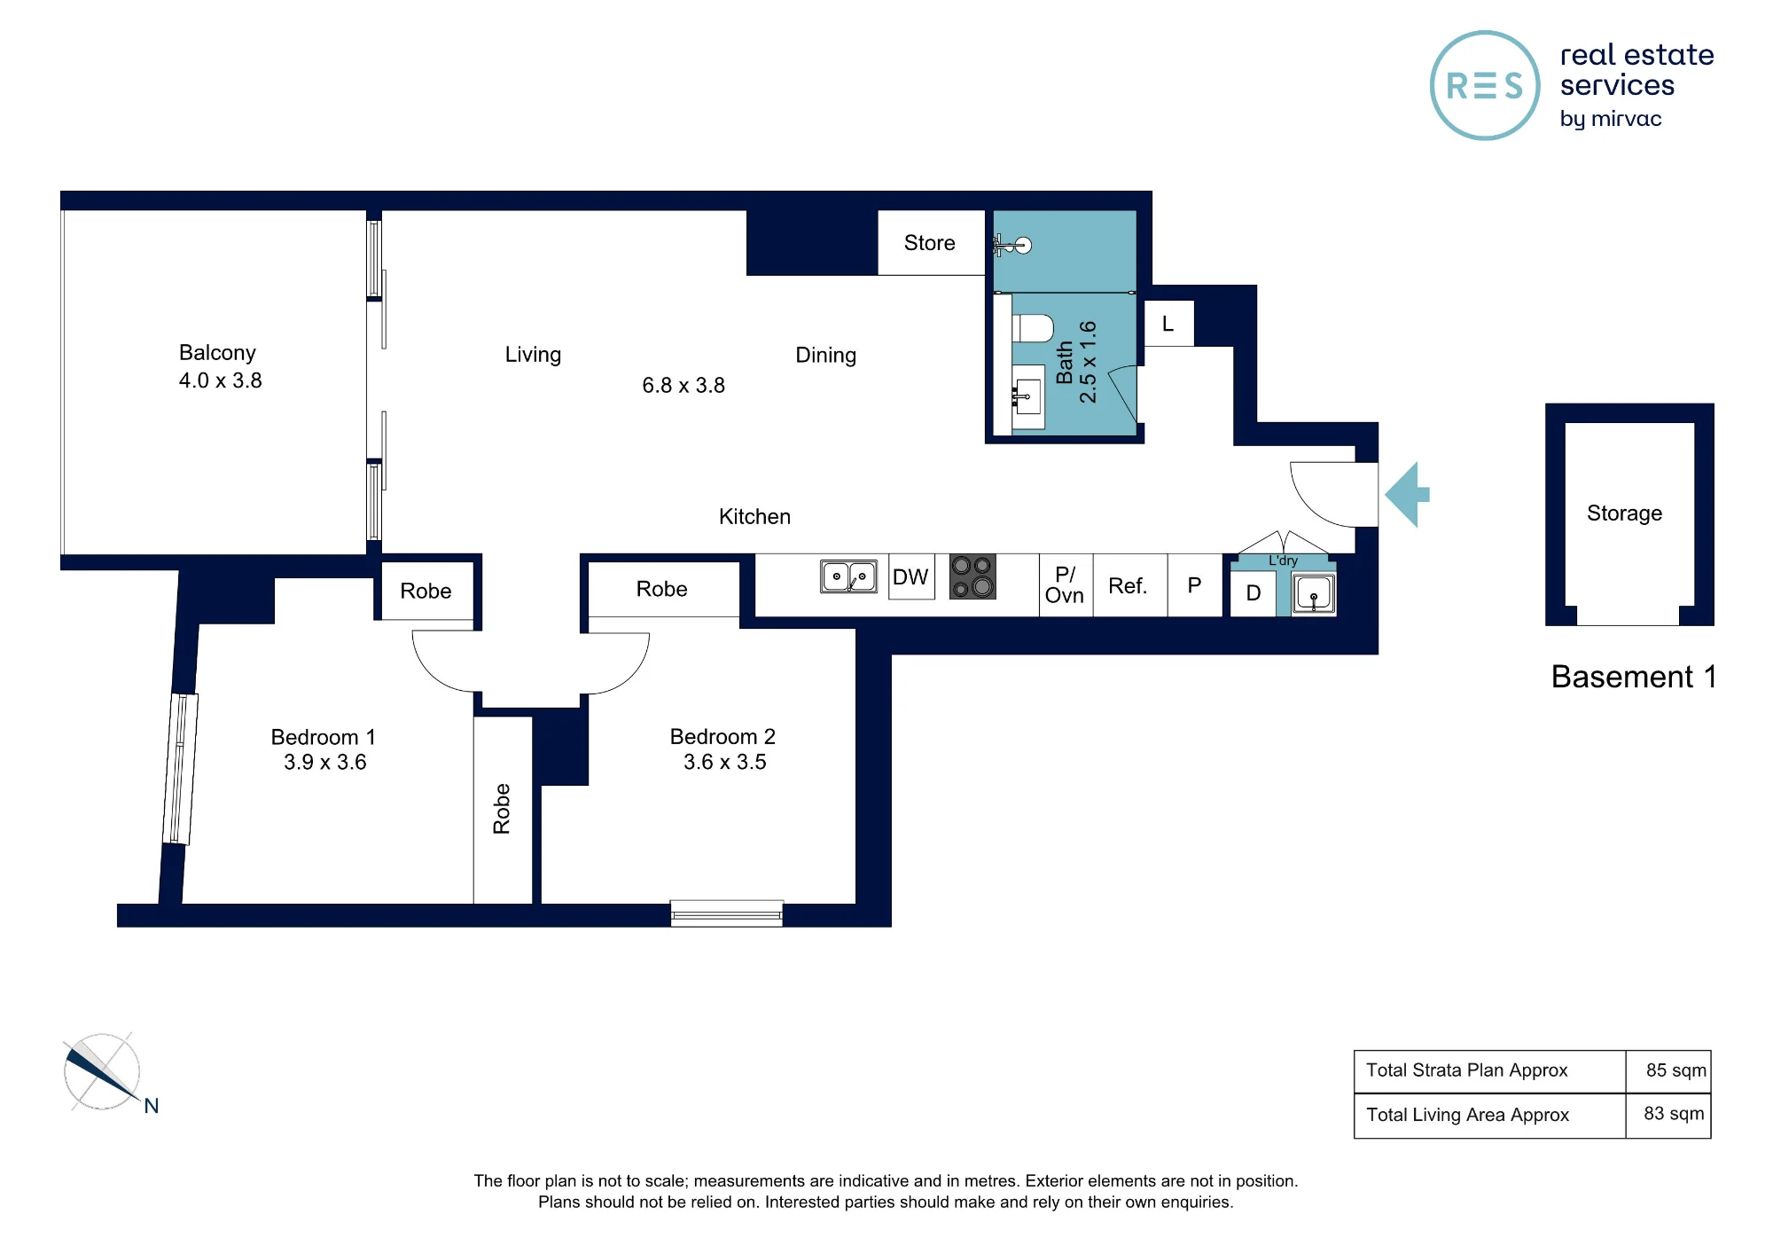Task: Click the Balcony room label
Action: point(217,353)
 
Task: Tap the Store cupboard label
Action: point(929,243)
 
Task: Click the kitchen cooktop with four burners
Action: point(972,576)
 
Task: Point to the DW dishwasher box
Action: point(911,577)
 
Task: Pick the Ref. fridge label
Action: point(1128,586)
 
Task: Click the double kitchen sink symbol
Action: point(848,576)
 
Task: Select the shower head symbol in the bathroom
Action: point(1012,245)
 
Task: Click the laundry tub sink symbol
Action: point(1314,594)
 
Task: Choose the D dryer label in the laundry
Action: point(1254,593)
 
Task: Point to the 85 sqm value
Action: point(1675,1070)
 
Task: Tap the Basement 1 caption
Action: point(1634,677)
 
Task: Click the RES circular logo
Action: point(1485,86)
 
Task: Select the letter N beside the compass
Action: point(152,1106)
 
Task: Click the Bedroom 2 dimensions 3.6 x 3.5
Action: point(725,762)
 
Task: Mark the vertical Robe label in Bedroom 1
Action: point(502,809)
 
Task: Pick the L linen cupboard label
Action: point(1168,325)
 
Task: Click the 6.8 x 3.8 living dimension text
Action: point(683,386)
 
